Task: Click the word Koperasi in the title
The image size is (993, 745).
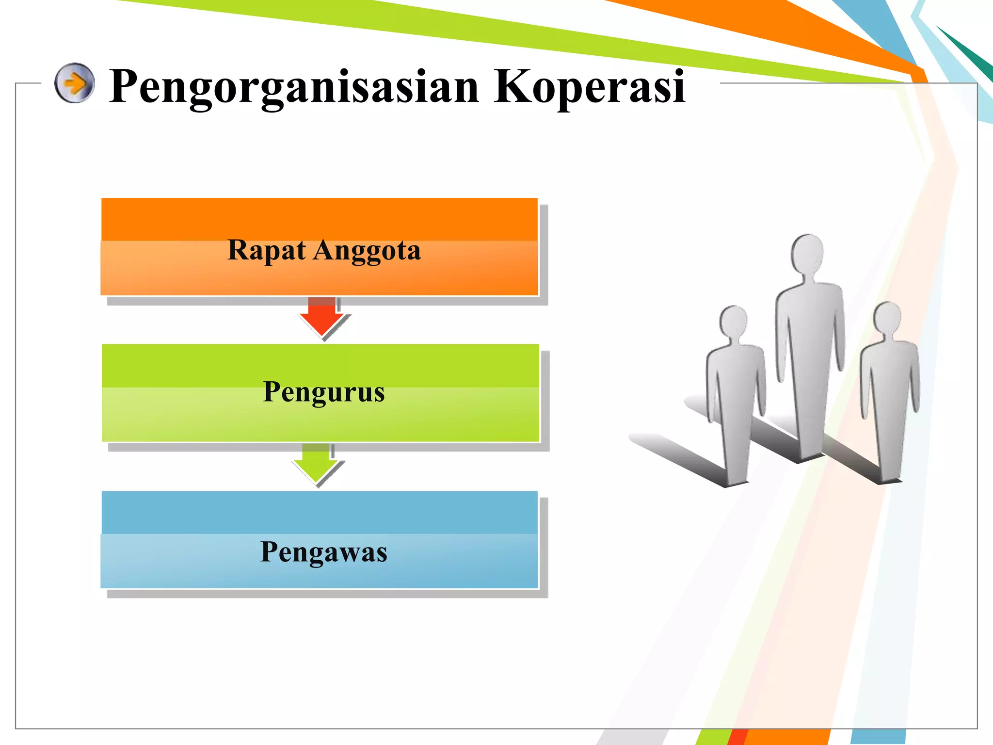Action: click(589, 86)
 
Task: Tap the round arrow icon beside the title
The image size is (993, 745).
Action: click(74, 83)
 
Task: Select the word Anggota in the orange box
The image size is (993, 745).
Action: click(367, 251)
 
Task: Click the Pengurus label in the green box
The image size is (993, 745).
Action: click(323, 392)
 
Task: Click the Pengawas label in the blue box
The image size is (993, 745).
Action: click(323, 552)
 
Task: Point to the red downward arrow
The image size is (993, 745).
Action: click(322, 317)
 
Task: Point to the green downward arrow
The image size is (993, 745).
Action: click(316, 464)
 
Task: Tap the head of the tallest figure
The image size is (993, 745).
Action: click(807, 253)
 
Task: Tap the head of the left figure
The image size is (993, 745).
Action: click(734, 321)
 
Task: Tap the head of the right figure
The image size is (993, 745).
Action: click(887, 318)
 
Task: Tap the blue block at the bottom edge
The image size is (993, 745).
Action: click(878, 737)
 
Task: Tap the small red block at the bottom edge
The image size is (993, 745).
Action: click(737, 737)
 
